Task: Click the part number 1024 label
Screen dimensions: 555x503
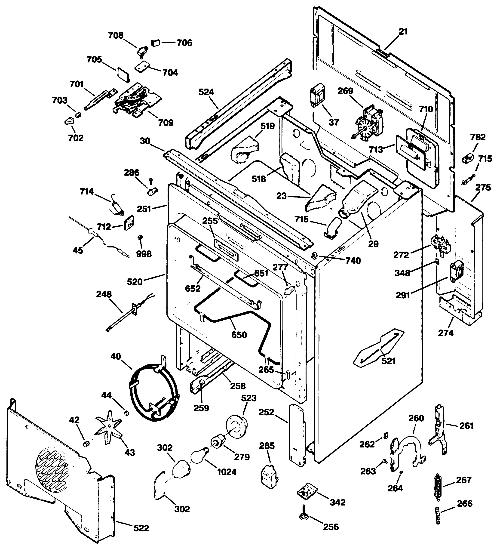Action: coord(227,472)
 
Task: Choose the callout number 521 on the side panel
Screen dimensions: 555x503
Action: coord(389,361)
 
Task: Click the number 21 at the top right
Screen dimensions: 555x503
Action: coord(403,32)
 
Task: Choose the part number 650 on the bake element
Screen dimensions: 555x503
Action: coord(239,335)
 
